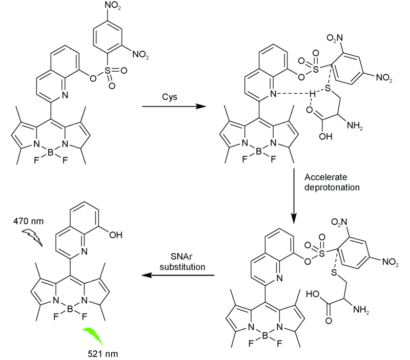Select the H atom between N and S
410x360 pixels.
(311, 93)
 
